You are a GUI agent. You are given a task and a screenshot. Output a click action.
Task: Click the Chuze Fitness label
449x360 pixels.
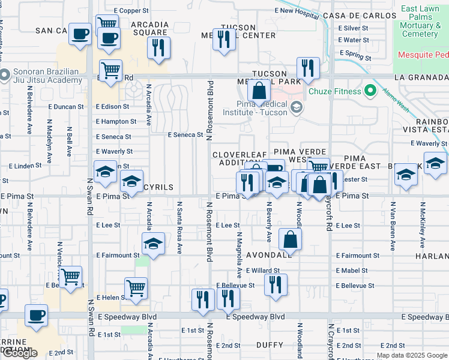(335, 91)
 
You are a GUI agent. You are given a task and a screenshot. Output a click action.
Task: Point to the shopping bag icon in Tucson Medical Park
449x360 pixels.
(259, 91)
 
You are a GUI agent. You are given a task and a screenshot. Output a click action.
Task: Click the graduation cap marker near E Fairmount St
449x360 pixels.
(153, 244)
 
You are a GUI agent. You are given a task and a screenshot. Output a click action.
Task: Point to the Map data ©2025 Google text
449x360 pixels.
(411, 355)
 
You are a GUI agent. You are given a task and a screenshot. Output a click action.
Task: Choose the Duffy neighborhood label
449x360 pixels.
(270, 345)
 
